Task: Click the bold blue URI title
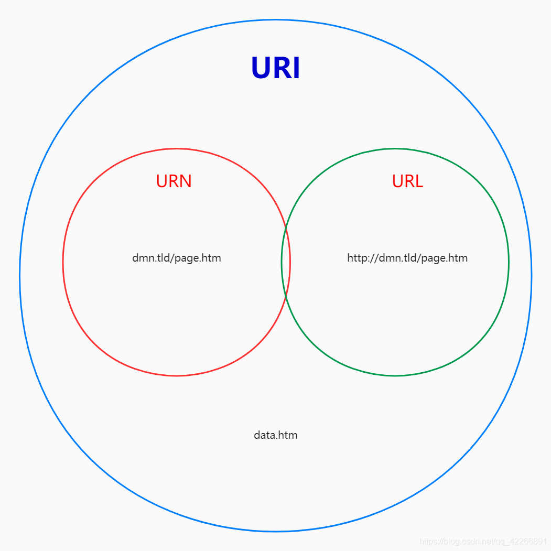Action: pos(275,68)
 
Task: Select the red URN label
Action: pos(174,181)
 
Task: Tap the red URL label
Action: pos(407,181)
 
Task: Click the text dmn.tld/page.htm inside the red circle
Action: pos(177,258)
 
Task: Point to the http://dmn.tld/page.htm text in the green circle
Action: pos(407,258)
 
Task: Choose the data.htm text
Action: pos(276,435)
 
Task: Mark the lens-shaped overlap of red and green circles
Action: pos(286,262)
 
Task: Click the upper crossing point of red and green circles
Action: pos(286,229)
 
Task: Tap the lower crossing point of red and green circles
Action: pos(286,296)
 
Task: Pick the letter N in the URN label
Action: pos(185,181)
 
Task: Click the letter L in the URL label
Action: pos(418,181)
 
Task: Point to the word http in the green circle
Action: pos(356,258)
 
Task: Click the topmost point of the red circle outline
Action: pos(177,149)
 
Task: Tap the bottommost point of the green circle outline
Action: pos(395,375)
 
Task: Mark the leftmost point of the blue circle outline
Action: pos(20,275)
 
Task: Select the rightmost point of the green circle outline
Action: pos(509,262)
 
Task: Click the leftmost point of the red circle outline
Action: pos(63,262)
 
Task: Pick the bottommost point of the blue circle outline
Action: pos(275,531)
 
